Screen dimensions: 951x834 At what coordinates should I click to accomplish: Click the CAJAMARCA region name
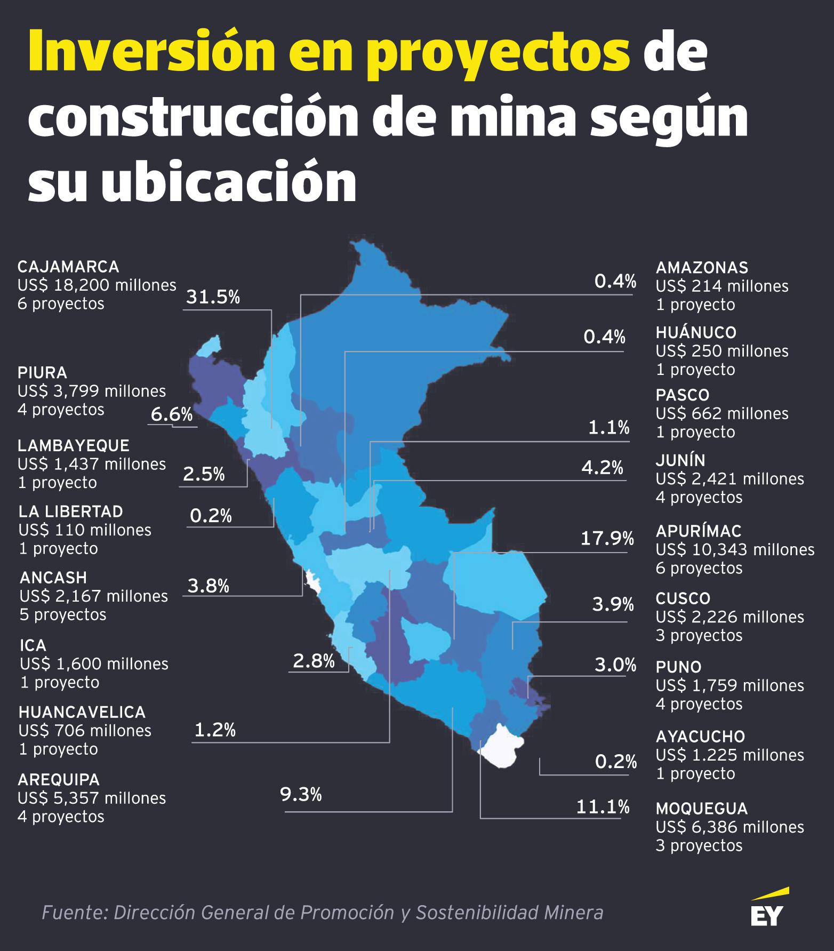click(x=68, y=267)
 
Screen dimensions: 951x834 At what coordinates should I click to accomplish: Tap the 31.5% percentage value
click(x=212, y=297)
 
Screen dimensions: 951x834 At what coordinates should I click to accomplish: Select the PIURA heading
click(x=42, y=372)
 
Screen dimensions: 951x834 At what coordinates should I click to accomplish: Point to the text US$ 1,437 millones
click(x=92, y=464)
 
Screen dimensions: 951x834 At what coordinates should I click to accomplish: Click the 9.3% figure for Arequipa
click(x=301, y=795)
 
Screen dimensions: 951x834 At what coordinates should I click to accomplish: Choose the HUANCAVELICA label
click(x=82, y=712)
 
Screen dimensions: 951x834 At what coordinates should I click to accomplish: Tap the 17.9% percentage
click(x=607, y=539)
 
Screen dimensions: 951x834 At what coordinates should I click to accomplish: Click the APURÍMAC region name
click(x=699, y=531)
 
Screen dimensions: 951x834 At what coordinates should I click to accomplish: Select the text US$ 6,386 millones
click(x=729, y=827)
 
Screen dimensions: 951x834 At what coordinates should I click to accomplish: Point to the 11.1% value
click(x=603, y=807)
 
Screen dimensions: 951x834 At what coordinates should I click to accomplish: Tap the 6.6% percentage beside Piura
click(x=171, y=414)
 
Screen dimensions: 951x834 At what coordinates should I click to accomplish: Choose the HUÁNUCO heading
click(x=696, y=332)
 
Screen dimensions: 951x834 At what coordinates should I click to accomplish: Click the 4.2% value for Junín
click(x=602, y=468)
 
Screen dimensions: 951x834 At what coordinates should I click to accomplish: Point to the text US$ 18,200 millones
click(x=97, y=285)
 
